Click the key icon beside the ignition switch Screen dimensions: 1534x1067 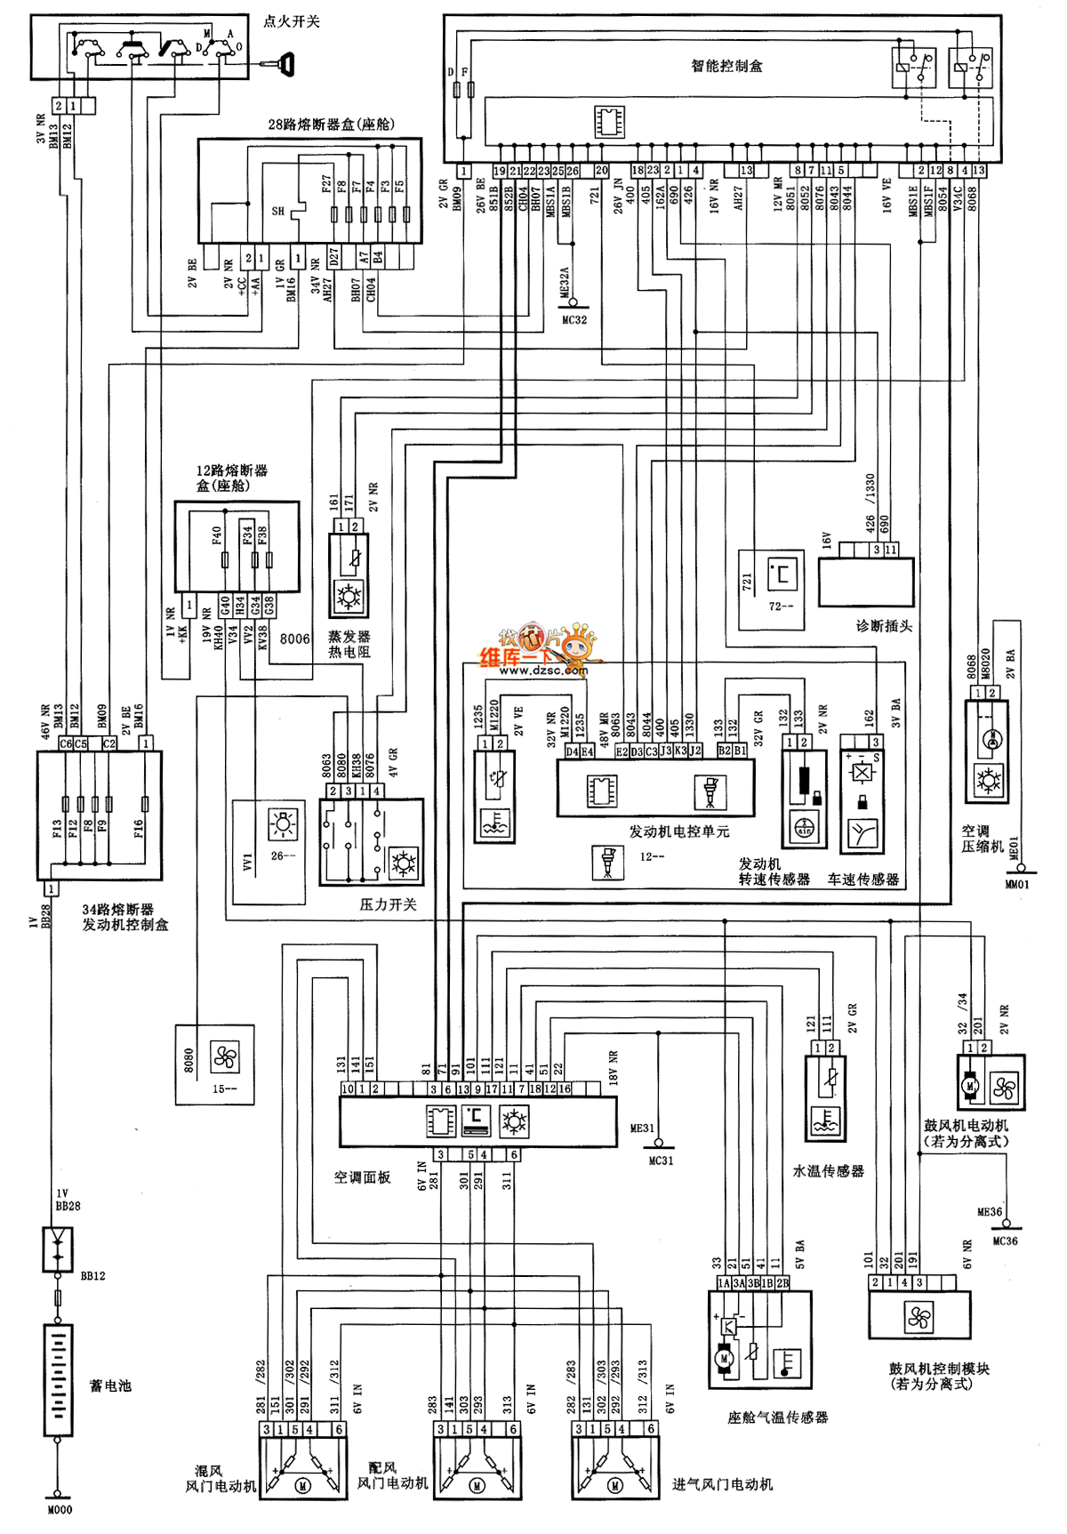284,63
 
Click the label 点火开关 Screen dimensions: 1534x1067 291,21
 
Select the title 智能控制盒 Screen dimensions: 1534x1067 726,66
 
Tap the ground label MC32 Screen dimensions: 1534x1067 574,320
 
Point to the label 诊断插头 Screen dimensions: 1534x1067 884,626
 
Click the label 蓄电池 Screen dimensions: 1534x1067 110,1385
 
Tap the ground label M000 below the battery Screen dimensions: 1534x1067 59,1509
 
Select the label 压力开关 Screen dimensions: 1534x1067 388,904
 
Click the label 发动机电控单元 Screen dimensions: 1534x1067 678,831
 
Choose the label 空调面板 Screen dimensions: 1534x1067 362,1177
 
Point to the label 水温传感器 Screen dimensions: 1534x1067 828,1171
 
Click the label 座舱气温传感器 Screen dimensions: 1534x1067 777,1418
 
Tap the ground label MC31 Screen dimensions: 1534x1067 661,1161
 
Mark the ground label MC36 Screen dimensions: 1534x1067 1005,1241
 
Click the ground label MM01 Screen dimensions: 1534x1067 1016,885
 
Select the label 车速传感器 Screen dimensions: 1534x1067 862,879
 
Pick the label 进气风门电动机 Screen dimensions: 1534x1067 722,1484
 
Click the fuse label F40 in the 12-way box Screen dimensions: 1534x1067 216,536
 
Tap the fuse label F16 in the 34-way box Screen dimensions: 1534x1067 139,829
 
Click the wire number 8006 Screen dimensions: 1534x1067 295,638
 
